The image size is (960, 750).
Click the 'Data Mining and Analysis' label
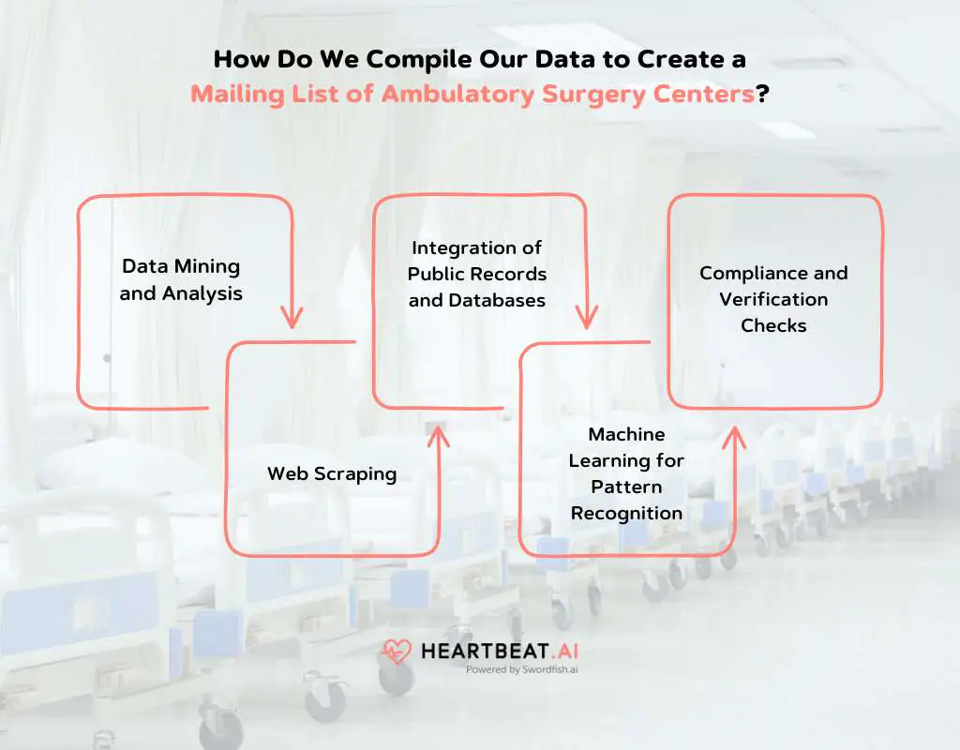(181, 279)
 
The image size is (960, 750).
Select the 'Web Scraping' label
(332, 473)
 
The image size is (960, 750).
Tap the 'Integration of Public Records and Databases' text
(477, 274)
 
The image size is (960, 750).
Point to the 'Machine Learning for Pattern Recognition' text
(626, 473)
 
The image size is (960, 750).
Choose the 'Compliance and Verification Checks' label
(773, 299)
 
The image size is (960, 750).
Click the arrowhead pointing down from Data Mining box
(292, 317)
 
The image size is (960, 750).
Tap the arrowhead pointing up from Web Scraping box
(439, 437)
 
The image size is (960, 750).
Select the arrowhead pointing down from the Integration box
(587, 317)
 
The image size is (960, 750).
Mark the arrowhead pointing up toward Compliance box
(734, 438)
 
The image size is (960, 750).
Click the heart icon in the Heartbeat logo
(397, 652)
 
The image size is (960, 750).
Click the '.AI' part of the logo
(564, 652)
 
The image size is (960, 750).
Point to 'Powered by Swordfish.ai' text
(521, 669)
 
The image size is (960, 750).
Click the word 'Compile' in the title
(419, 59)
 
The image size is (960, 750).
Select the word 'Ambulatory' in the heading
(457, 95)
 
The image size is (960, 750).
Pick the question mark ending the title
(762, 94)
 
